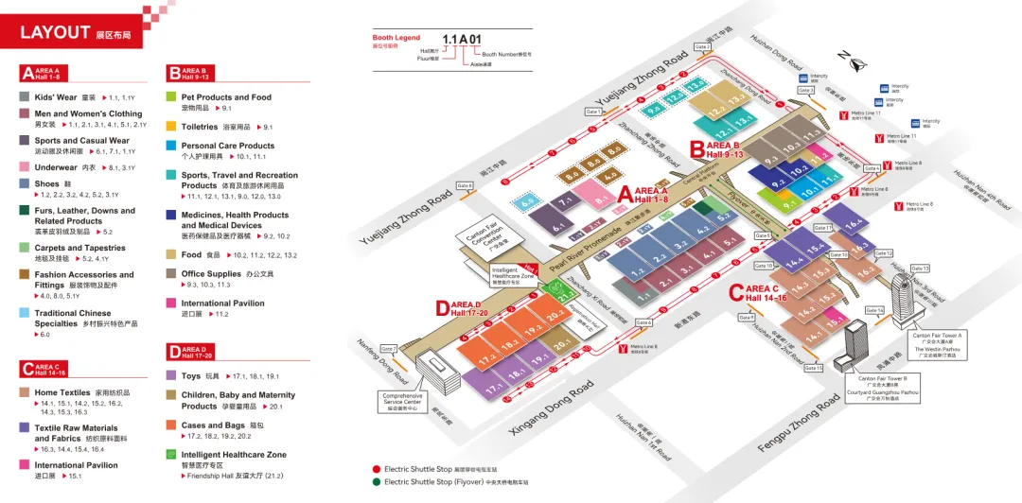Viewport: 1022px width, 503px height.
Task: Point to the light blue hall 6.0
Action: [527, 201]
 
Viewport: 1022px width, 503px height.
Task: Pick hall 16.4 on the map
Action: [855, 224]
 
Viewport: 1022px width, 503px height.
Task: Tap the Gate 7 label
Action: [388, 349]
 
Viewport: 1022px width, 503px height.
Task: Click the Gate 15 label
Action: [814, 368]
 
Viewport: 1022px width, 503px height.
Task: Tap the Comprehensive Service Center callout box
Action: [408, 400]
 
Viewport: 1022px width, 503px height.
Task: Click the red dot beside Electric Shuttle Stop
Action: [376, 469]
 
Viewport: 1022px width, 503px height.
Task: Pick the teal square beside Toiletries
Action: [171, 126]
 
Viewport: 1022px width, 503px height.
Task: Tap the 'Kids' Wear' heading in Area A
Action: [56, 96]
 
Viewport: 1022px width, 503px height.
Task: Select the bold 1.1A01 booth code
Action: [462, 40]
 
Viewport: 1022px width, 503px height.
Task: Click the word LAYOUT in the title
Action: [55, 33]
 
